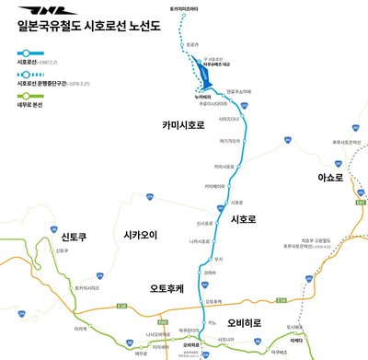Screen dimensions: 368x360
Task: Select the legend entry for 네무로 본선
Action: pos(35,92)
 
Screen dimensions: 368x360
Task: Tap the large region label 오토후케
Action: pos(167,289)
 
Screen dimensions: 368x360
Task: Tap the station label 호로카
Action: pos(192,43)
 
